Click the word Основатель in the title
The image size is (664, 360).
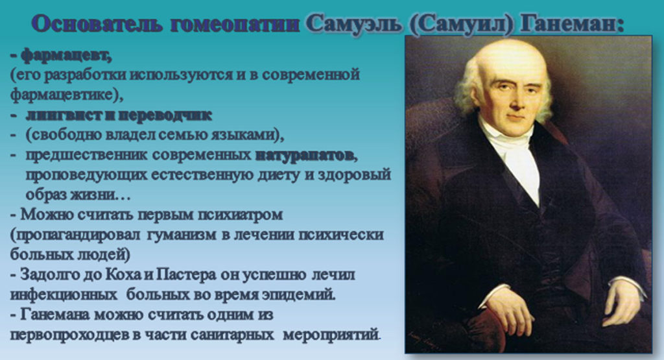(97, 24)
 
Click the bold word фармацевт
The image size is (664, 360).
(66, 54)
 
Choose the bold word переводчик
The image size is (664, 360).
(165, 115)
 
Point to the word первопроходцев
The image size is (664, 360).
(69, 335)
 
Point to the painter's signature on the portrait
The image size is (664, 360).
(429, 336)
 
